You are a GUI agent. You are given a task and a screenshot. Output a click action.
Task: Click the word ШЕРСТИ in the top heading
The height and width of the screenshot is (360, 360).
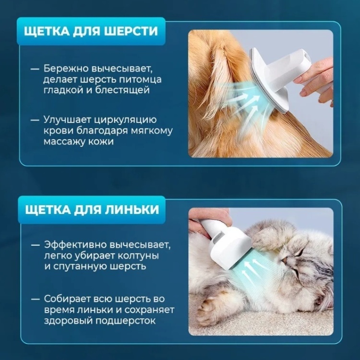point(131,31)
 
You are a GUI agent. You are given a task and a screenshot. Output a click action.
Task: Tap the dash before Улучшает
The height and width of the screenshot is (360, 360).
point(36,120)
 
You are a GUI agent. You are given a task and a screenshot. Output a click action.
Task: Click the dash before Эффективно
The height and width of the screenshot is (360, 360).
point(36,245)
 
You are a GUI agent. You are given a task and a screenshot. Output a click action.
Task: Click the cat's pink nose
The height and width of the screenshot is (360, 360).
point(284,259)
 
